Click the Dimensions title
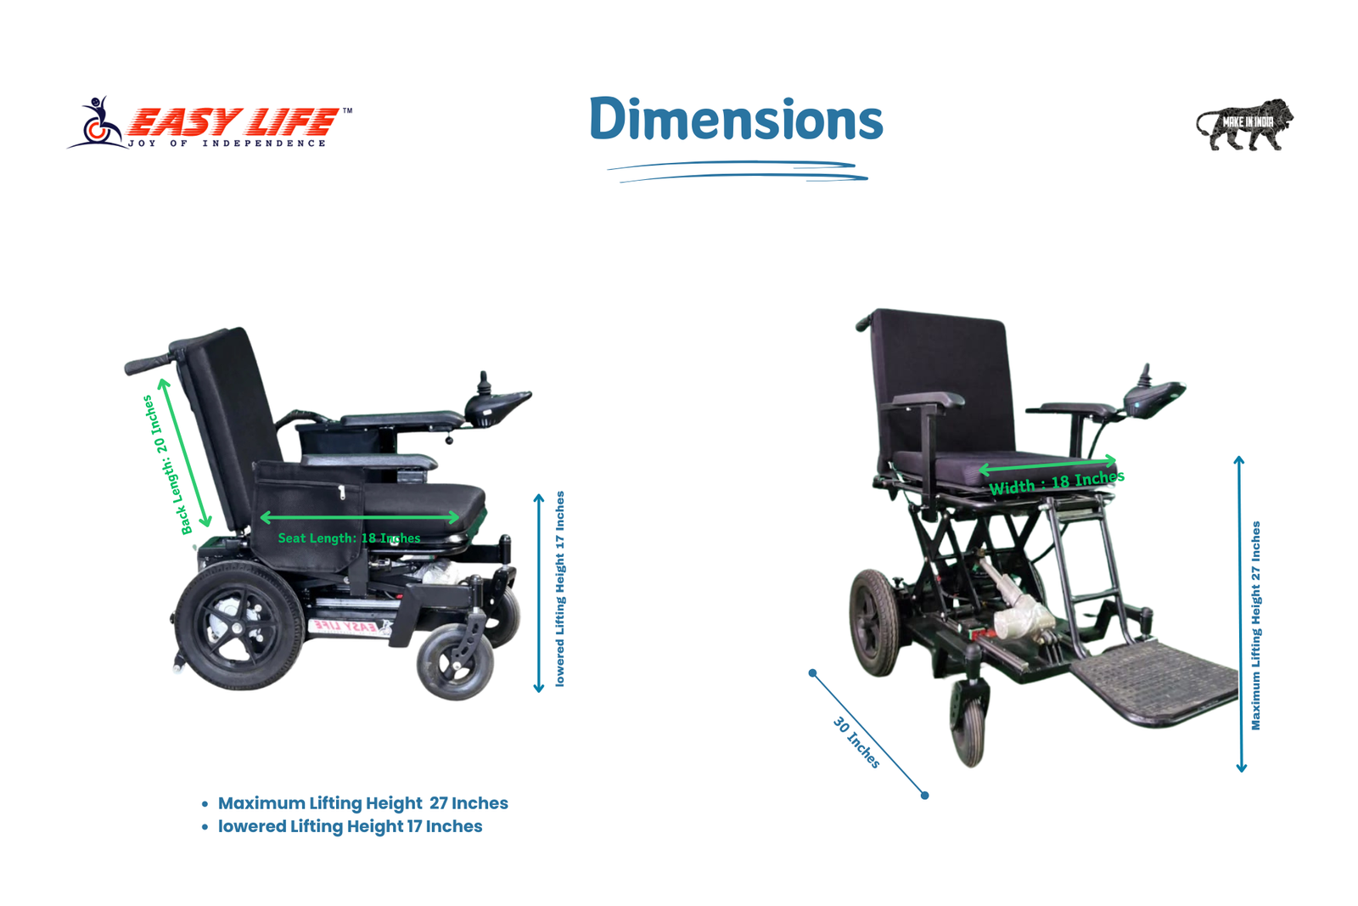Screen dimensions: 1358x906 point(736,120)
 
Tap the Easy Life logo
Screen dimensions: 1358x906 point(210,124)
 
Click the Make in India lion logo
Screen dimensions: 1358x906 point(1244,124)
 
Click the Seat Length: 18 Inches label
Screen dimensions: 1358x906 point(349,537)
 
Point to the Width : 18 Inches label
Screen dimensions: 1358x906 point(1057,482)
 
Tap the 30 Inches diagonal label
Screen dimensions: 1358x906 point(856,742)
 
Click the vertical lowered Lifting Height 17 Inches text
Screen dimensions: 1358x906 point(559,588)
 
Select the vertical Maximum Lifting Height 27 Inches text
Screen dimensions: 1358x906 point(1255,625)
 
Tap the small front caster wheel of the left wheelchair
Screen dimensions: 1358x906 point(455,661)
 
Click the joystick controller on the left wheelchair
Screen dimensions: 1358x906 point(497,402)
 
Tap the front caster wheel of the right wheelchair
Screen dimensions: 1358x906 point(968,725)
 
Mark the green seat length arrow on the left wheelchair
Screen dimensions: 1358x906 point(360,517)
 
